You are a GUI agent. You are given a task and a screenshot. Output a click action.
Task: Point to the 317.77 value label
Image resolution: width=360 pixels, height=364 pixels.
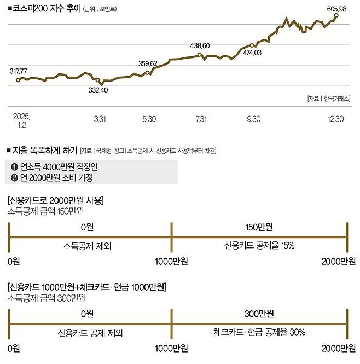coord(19,71)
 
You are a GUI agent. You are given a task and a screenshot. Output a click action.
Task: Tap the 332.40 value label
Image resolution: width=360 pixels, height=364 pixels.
coord(98,90)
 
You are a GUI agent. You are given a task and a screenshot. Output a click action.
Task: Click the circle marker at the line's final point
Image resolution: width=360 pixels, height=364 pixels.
coord(336,16)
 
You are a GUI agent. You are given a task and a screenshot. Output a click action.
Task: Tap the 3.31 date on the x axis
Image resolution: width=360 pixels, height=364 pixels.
coord(100,119)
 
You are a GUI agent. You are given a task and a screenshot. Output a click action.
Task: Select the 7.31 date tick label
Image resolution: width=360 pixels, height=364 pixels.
coord(200,119)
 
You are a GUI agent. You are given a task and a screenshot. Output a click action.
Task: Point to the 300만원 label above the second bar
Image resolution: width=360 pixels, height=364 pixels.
coord(259,314)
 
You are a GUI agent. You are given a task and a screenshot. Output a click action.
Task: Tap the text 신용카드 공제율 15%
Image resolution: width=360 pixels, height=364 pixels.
coord(259,246)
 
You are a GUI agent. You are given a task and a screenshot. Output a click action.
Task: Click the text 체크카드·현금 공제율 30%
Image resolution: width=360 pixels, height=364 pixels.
coord(259,332)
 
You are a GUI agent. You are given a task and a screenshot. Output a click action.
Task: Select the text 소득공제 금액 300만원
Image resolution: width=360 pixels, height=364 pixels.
coord(47,298)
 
